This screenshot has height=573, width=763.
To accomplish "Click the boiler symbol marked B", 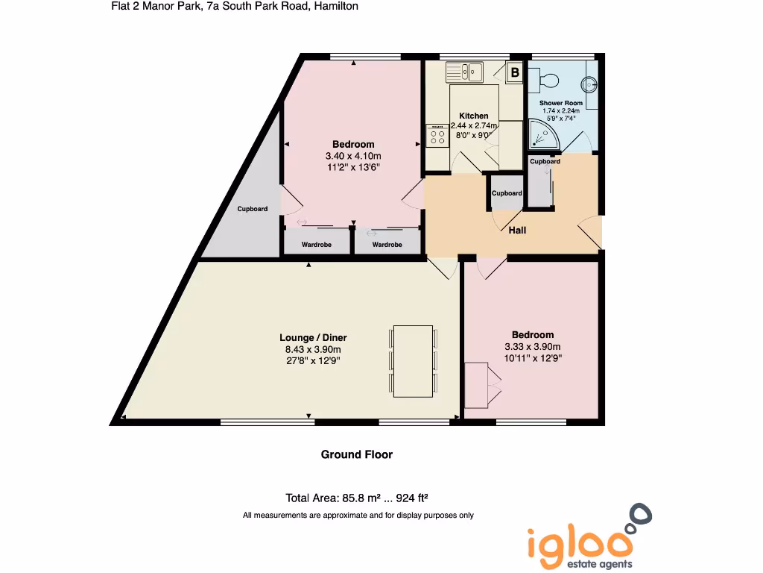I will (514, 72).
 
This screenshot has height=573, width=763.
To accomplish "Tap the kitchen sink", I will (466, 72).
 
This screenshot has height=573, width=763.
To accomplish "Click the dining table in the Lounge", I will (413, 360).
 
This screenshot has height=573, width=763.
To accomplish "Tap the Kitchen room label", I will (474, 116).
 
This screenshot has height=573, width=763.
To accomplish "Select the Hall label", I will (517, 230).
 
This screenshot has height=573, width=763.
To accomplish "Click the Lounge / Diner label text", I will (313, 338).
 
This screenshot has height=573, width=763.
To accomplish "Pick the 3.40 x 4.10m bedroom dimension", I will (353, 156).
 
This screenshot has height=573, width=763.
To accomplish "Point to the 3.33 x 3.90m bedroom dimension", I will (533, 346).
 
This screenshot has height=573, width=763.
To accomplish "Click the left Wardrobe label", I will (316, 245).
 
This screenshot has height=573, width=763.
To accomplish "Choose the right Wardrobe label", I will (387, 245).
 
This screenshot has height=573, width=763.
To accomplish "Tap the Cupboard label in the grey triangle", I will (253, 209).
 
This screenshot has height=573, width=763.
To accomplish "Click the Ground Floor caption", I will (356, 454).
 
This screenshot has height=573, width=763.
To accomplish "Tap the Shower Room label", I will (560, 103).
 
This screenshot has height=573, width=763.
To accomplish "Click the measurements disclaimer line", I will (358, 516).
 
